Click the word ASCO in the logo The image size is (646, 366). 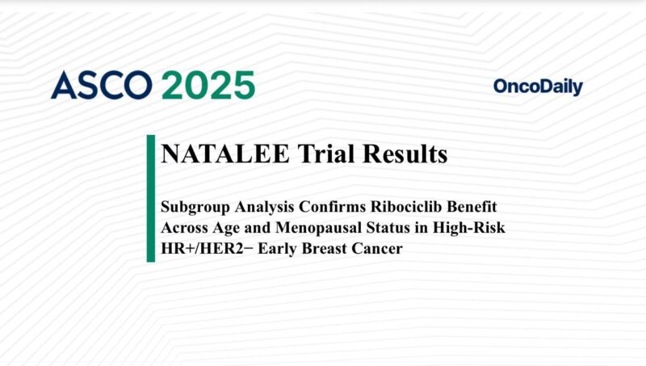[100, 85]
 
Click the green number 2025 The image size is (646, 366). [207, 85]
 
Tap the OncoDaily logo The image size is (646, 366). [537, 87]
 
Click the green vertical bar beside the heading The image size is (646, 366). [151, 199]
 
